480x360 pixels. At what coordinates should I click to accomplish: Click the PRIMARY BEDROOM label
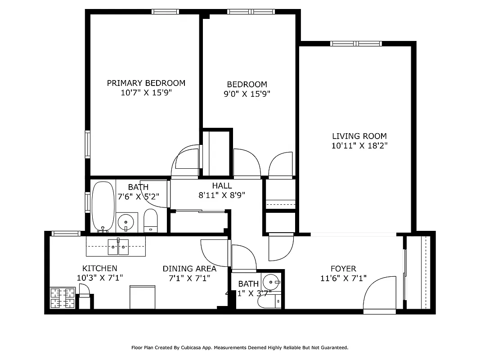pyautogui.click(x=146, y=83)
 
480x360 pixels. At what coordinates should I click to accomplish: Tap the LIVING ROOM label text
pyautogui.click(x=359, y=136)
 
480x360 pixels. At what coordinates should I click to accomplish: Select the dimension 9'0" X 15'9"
pyautogui.click(x=247, y=94)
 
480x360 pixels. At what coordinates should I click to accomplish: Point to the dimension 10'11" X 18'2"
pyautogui.click(x=359, y=146)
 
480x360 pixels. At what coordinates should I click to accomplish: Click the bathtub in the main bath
pyautogui.click(x=103, y=206)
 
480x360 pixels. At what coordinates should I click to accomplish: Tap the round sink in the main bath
pyautogui.click(x=127, y=221)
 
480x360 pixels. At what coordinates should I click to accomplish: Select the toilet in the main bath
pyautogui.click(x=150, y=220)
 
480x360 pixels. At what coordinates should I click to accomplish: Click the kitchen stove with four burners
pyautogui.click(x=63, y=298)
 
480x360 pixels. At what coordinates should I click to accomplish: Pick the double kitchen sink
pyautogui.click(x=118, y=246)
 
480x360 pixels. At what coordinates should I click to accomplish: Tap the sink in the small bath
pyautogui.click(x=272, y=282)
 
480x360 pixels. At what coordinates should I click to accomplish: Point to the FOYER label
pyautogui.click(x=343, y=269)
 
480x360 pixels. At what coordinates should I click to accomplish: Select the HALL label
pyautogui.click(x=222, y=185)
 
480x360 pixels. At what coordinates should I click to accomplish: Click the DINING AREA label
pyautogui.click(x=189, y=269)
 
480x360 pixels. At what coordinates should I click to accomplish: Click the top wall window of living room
pyautogui.click(x=355, y=44)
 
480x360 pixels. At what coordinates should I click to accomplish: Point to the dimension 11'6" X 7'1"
pyautogui.click(x=343, y=279)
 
